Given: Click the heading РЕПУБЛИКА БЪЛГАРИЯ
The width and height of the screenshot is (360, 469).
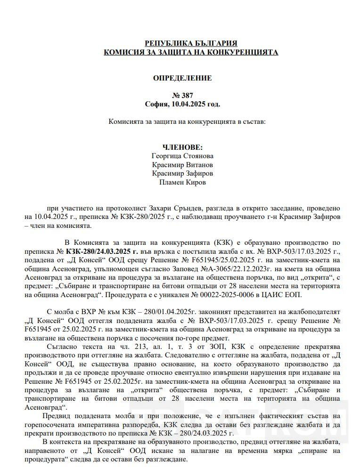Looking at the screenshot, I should (191, 43).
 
